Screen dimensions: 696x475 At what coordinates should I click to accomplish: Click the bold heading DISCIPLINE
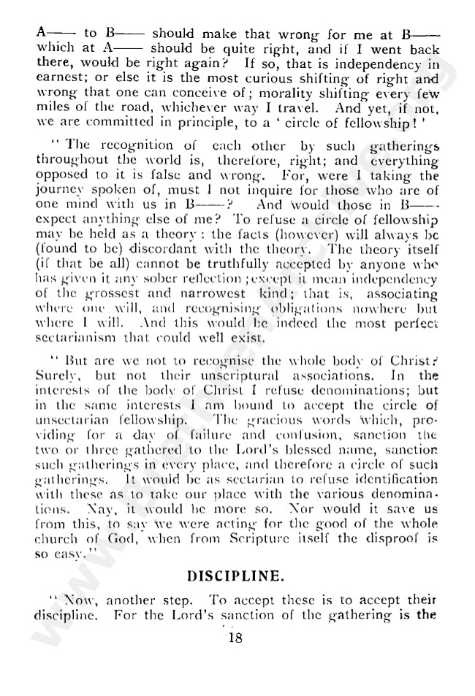pyautogui.click(x=235, y=575)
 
